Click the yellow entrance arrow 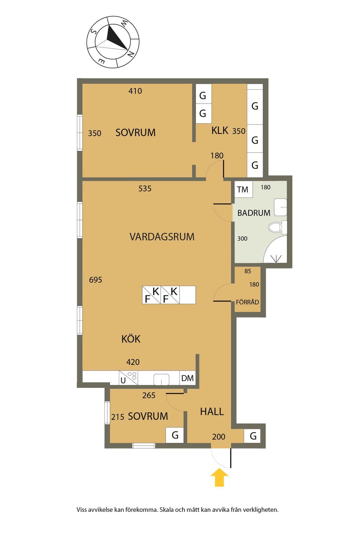click(x=219, y=477)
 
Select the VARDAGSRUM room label click(x=162, y=237)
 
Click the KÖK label click(x=131, y=339)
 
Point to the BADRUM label click(x=254, y=213)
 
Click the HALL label click(x=212, y=412)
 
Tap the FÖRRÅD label click(x=247, y=302)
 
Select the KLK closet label click(x=220, y=130)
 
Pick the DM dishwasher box click(x=187, y=378)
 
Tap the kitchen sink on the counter click(x=161, y=379)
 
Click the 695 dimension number click(x=96, y=280)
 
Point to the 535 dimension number click(x=145, y=188)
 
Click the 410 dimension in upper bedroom click(x=135, y=91)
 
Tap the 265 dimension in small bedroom click(x=149, y=396)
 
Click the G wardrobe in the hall click(x=252, y=436)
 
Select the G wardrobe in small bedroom click(x=175, y=435)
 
